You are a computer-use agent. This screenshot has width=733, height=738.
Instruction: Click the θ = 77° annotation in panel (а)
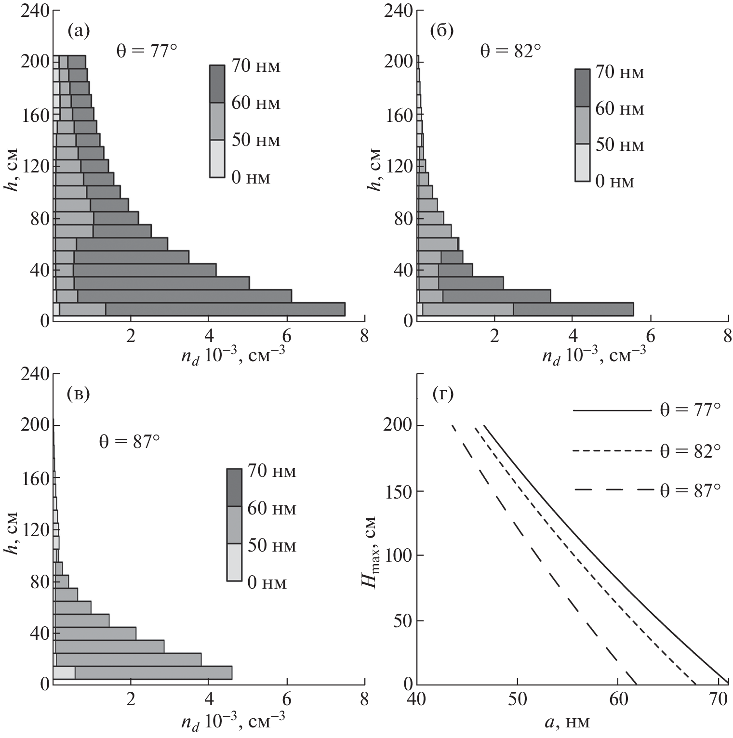144,51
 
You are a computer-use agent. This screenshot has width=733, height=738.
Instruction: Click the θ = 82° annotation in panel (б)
507,51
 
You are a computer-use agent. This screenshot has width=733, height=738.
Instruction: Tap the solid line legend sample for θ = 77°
611,411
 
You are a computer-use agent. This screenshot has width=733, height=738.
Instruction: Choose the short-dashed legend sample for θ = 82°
611,451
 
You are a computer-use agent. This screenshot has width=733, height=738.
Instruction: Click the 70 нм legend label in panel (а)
255,66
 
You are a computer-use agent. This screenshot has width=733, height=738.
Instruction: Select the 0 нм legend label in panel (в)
267,583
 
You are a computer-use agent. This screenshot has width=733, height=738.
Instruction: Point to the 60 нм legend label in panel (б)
620,109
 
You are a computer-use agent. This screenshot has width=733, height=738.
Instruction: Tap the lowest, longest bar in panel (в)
143,672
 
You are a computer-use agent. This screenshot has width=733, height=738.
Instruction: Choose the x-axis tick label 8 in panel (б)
727,336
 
